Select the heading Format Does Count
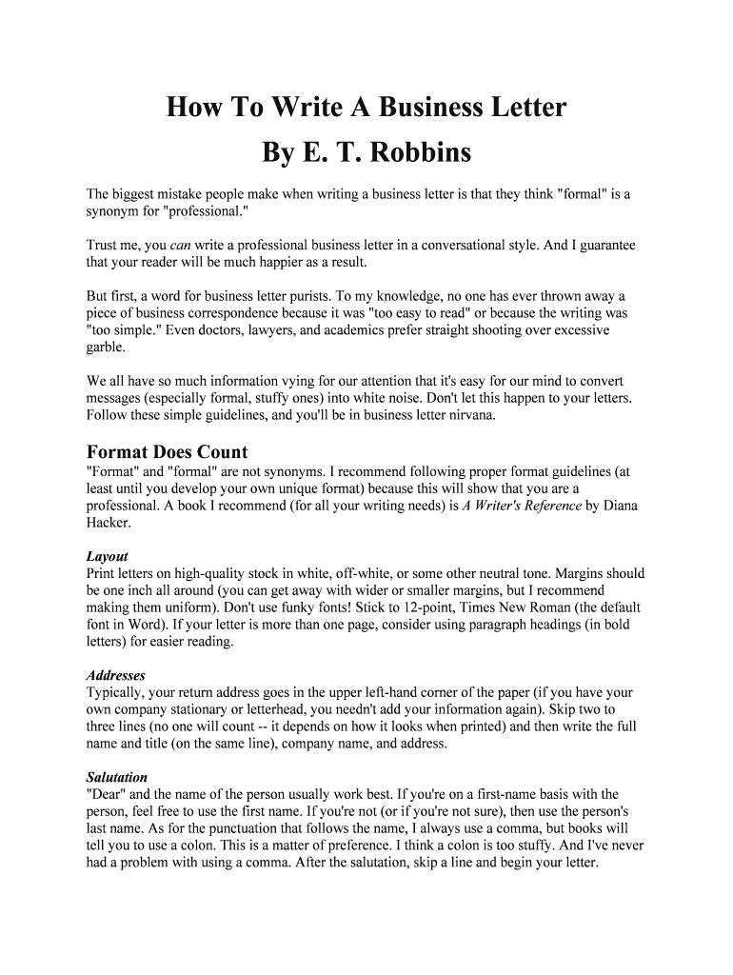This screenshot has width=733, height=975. coord(167,452)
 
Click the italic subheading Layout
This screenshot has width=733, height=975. coord(107,556)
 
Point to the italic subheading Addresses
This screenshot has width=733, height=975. coord(115,675)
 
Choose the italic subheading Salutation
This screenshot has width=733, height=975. coord(117,777)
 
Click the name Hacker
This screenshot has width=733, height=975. coord(108,523)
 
